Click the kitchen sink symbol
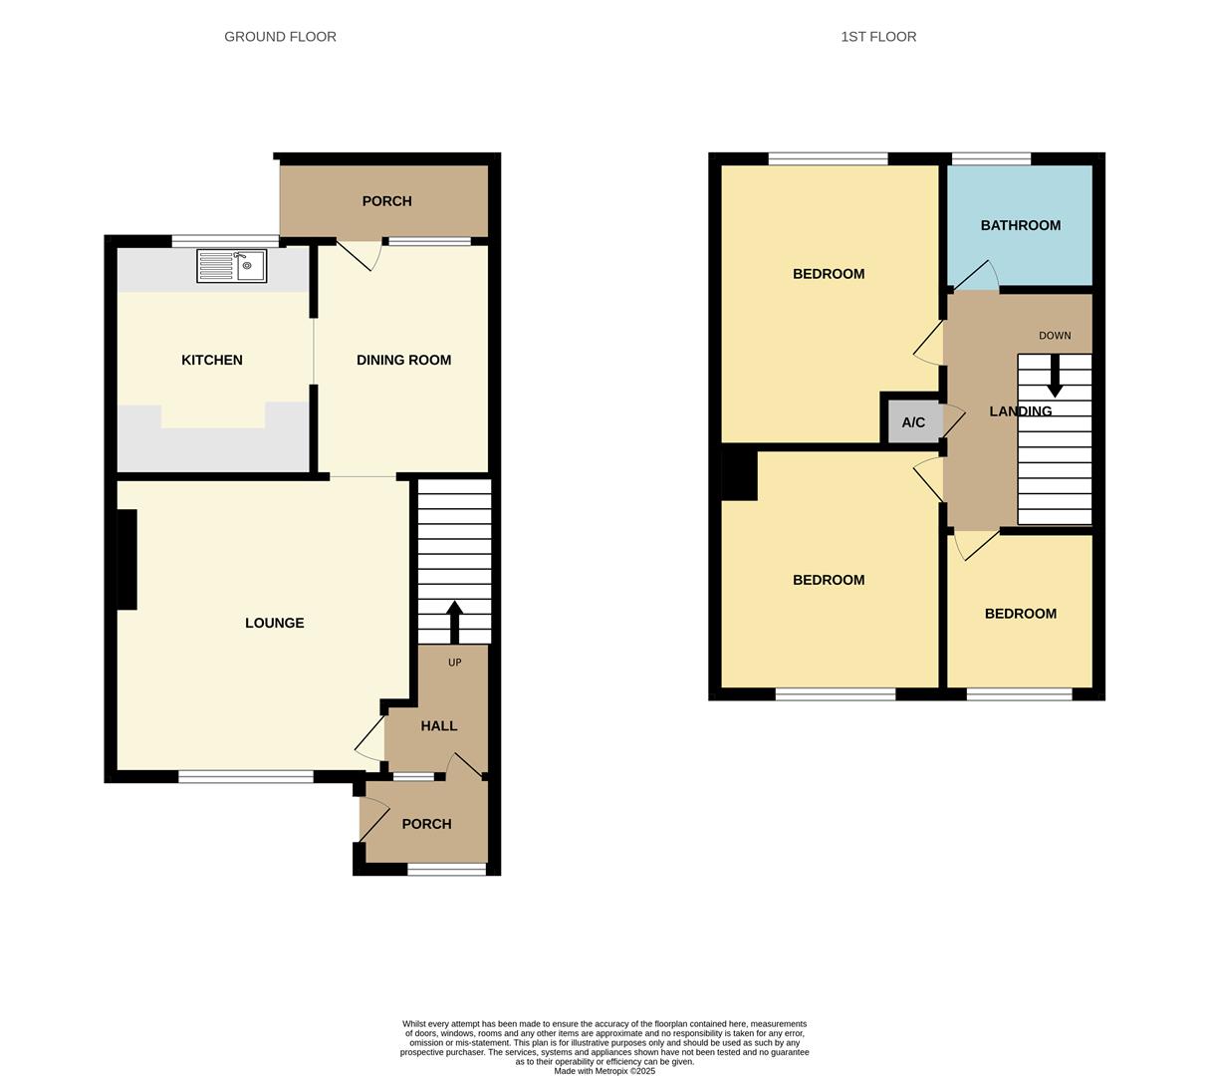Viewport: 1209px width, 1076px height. [231, 266]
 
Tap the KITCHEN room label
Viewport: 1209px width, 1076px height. [212, 361]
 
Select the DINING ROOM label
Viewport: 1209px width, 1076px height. [403, 361]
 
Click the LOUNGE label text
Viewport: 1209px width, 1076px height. [275, 624]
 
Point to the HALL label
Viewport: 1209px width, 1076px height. [438, 726]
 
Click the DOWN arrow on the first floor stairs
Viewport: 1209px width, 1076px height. [1055, 377]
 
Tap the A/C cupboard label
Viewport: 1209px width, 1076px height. [913, 422]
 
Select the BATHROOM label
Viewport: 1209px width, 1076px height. [1020, 226]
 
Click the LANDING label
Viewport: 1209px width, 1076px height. [1020, 411]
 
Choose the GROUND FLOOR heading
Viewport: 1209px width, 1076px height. [280, 37]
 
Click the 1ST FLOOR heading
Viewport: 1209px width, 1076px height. [878, 37]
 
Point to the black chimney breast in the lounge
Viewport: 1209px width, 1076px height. [126, 559]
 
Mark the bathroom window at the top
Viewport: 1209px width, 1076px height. [991, 158]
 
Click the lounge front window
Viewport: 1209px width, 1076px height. [246, 777]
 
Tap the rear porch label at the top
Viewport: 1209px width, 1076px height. [386, 201]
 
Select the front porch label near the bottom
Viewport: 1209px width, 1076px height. [426, 824]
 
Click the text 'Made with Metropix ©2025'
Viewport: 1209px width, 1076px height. [604, 1071]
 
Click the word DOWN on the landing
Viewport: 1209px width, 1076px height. [1055, 336]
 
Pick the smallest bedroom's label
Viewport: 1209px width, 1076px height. [1020, 614]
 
